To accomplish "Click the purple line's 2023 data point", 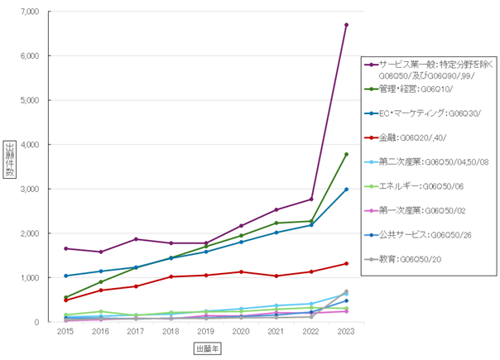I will click(x=346, y=25).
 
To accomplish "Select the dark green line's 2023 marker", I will click(x=346, y=154).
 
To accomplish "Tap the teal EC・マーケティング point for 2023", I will click(x=346, y=190).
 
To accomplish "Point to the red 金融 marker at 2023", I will click(x=346, y=264).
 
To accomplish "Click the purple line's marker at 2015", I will click(x=65, y=248).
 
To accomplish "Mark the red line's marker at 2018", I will click(x=171, y=276).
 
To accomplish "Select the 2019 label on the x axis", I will click(x=205, y=331).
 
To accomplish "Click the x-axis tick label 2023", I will click(x=346, y=331).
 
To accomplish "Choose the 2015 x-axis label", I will click(x=65, y=331).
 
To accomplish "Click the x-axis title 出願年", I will click(x=207, y=349).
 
